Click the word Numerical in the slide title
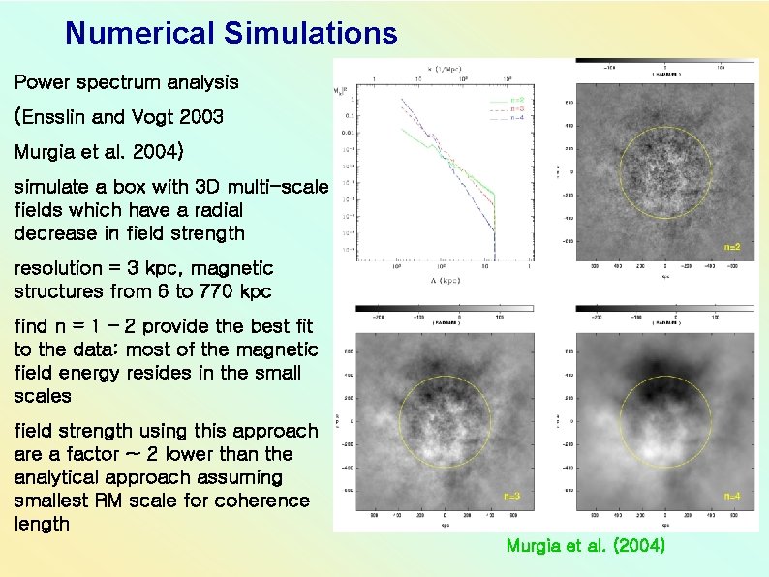click(x=139, y=34)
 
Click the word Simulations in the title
click(x=309, y=34)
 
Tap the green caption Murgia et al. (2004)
click(x=585, y=546)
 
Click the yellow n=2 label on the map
click(x=733, y=248)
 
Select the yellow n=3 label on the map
click(x=512, y=496)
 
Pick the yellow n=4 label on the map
click(x=733, y=496)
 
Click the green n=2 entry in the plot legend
click(x=516, y=101)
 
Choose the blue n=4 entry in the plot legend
click(x=516, y=118)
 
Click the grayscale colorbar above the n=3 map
click(x=445, y=309)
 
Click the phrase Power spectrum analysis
click(x=126, y=82)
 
